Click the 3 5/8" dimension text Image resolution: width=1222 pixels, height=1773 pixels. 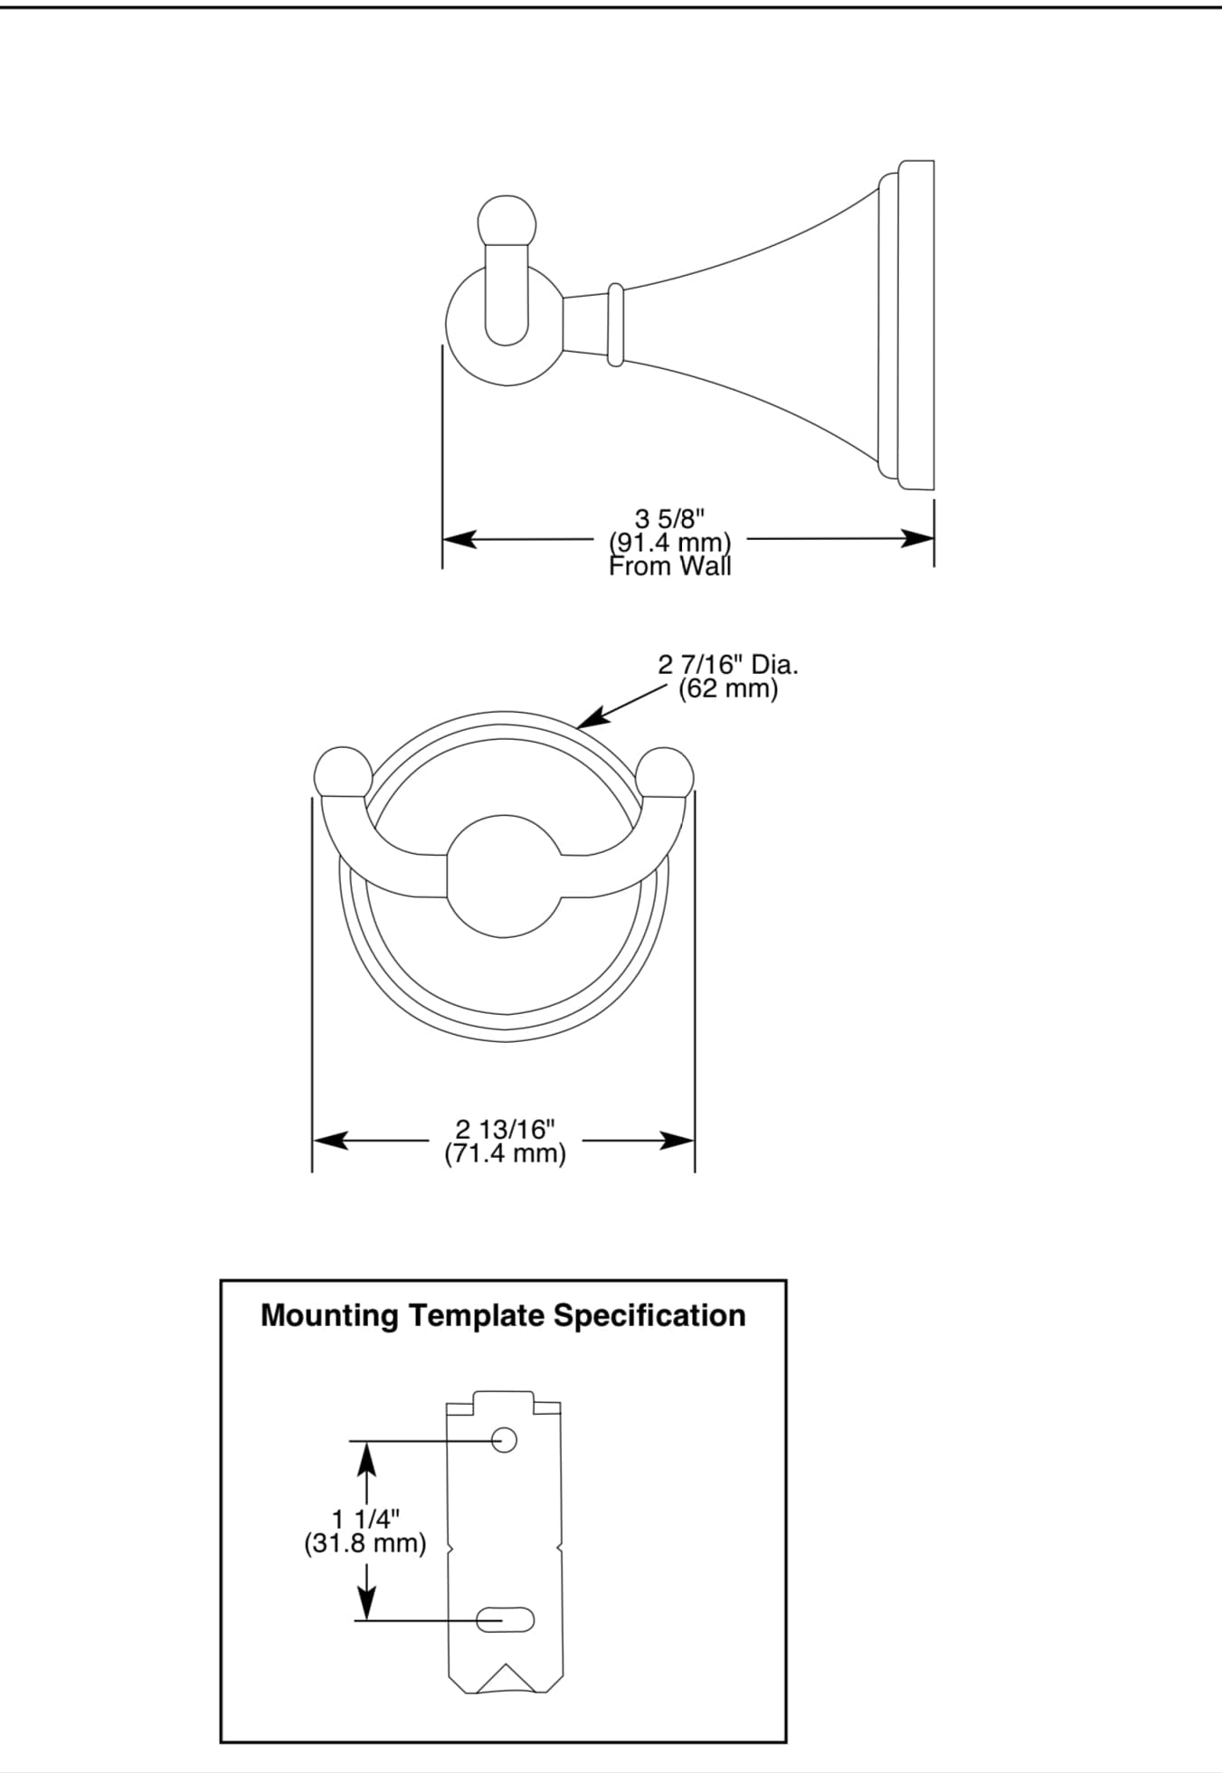[669, 519]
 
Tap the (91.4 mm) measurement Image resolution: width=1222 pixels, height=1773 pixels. [669, 543]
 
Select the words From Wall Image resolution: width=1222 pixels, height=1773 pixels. [669, 567]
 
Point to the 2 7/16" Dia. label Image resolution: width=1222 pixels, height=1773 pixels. [728, 666]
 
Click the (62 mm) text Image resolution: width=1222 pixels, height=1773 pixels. [728, 689]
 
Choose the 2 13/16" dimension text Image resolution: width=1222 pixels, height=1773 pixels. [505, 1129]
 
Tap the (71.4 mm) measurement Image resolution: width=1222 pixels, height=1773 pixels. [505, 1153]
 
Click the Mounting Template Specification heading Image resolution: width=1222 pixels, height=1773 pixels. [503, 1315]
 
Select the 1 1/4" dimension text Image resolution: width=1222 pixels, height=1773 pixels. [365, 1518]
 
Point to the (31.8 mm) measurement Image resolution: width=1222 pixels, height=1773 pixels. [365, 1542]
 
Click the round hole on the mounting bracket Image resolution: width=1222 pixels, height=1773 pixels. [504, 1439]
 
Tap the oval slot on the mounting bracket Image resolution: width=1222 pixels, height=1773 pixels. [505, 1619]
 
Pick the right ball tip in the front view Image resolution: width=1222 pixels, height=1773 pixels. [666, 773]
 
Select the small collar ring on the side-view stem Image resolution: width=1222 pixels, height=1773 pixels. [615, 326]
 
